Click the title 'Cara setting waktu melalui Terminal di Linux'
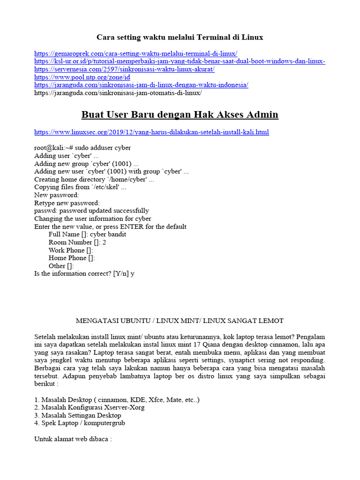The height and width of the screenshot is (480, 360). (x=180, y=37)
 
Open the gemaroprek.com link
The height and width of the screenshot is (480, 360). (x=136, y=54)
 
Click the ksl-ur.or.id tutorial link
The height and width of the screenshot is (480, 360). (x=180, y=62)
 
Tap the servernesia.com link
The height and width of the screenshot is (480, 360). (x=124, y=69)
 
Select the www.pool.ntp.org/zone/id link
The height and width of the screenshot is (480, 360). (x=82, y=77)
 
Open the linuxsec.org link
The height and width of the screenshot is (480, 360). (x=151, y=132)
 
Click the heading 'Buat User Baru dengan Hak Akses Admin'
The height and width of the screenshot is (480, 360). (x=180, y=114)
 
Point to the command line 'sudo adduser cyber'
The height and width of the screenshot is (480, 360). (x=82, y=148)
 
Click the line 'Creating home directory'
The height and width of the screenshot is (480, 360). (x=94, y=180)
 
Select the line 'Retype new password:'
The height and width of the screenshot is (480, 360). (x=67, y=203)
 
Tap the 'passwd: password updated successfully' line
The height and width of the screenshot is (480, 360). (x=91, y=211)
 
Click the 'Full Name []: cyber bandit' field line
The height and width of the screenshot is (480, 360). (x=87, y=234)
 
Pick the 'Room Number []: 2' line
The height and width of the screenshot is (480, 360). (x=77, y=242)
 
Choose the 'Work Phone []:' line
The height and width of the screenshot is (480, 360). (x=71, y=250)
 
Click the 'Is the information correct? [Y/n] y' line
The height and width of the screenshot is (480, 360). (x=84, y=274)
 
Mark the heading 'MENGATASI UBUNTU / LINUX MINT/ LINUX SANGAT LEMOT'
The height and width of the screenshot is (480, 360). (x=180, y=321)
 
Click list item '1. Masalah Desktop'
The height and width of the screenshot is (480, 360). (x=117, y=399)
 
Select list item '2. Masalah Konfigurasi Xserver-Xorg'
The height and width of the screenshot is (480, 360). (x=89, y=407)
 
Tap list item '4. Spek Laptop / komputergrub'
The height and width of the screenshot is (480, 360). (x=80, y=423)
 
